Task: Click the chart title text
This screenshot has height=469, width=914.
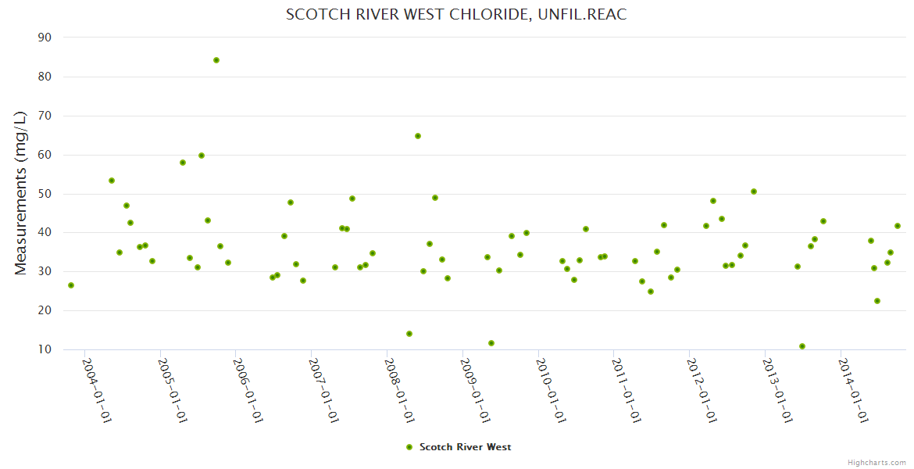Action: [456, 14]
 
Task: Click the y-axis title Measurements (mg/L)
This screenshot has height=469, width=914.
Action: [21, 192]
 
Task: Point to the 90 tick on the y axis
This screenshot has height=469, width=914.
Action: [45, 38]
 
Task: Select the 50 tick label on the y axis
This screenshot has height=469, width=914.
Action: [45, 194]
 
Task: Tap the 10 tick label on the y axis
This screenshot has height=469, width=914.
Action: [45, 349]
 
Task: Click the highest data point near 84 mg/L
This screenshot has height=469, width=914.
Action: [216, 60]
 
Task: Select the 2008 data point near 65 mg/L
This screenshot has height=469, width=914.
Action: [418, 136]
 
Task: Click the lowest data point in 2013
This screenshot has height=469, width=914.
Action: [802, 346]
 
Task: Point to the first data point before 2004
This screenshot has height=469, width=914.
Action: [71, 285]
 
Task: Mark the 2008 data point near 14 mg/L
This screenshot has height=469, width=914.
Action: [409, 334]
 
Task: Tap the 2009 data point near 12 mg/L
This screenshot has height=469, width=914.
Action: [491, 343]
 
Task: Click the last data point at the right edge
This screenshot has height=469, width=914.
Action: [898, 226]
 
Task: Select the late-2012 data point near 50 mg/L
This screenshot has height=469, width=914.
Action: [754, 192]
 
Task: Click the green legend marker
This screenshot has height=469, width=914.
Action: [409, 447]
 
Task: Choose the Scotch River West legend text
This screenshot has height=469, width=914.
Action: [466, 447]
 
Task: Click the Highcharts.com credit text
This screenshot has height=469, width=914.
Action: [877, 463]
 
